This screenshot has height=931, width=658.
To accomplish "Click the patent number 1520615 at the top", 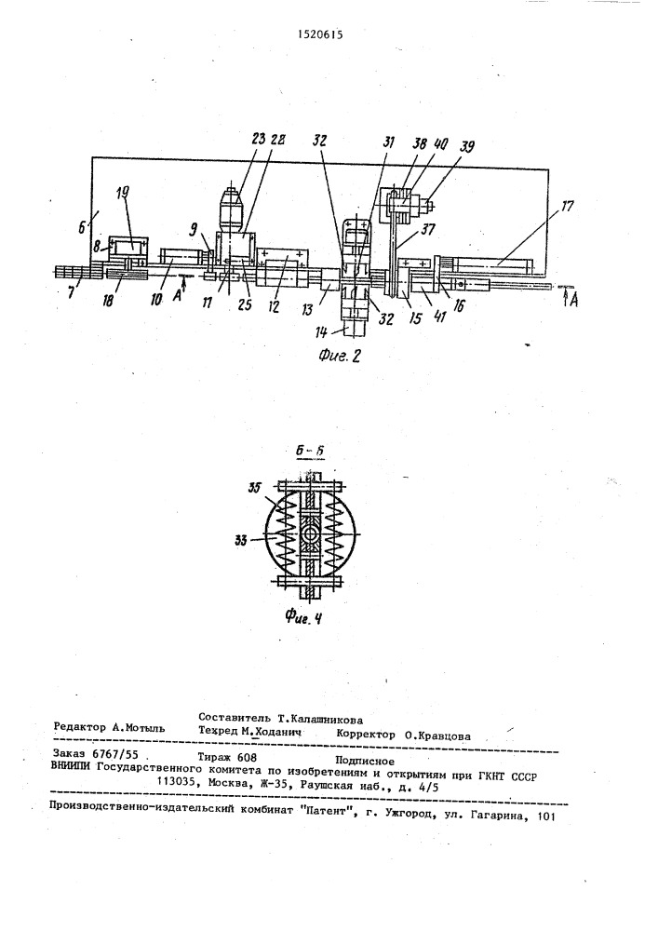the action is (320, 34).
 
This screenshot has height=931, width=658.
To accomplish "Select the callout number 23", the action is (258, 142).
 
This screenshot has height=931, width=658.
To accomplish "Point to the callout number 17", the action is (567, 208).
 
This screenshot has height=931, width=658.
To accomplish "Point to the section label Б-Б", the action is (311, 451).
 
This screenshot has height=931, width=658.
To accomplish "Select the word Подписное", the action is (365, 761).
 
